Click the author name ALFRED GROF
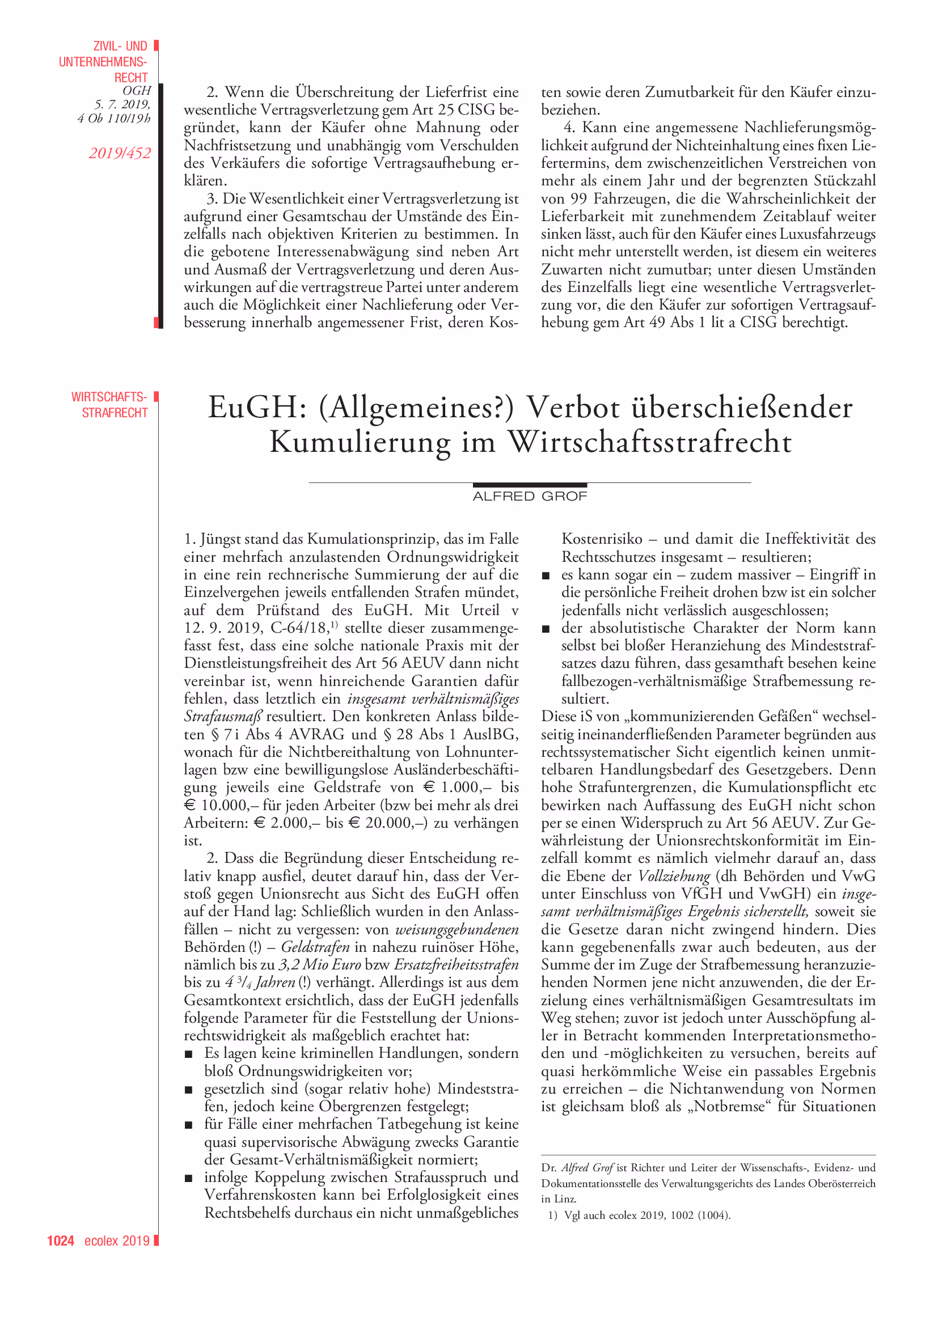click(x=530, y=497)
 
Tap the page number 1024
click(x=61, y=1240)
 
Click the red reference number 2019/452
click(x=120, y=153)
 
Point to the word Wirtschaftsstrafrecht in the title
click(x=650, y=443)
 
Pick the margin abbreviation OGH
click(x=136, y=91)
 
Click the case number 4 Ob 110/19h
click(x=114, y=118)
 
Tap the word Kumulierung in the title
click(x=360, y=443)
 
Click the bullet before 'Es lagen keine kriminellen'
click(x=188, y=1054)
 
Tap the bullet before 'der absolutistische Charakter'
click(x=546, y=629)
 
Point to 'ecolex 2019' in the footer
click(x=117, y=1240)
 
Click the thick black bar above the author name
click(x=530, y=485)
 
